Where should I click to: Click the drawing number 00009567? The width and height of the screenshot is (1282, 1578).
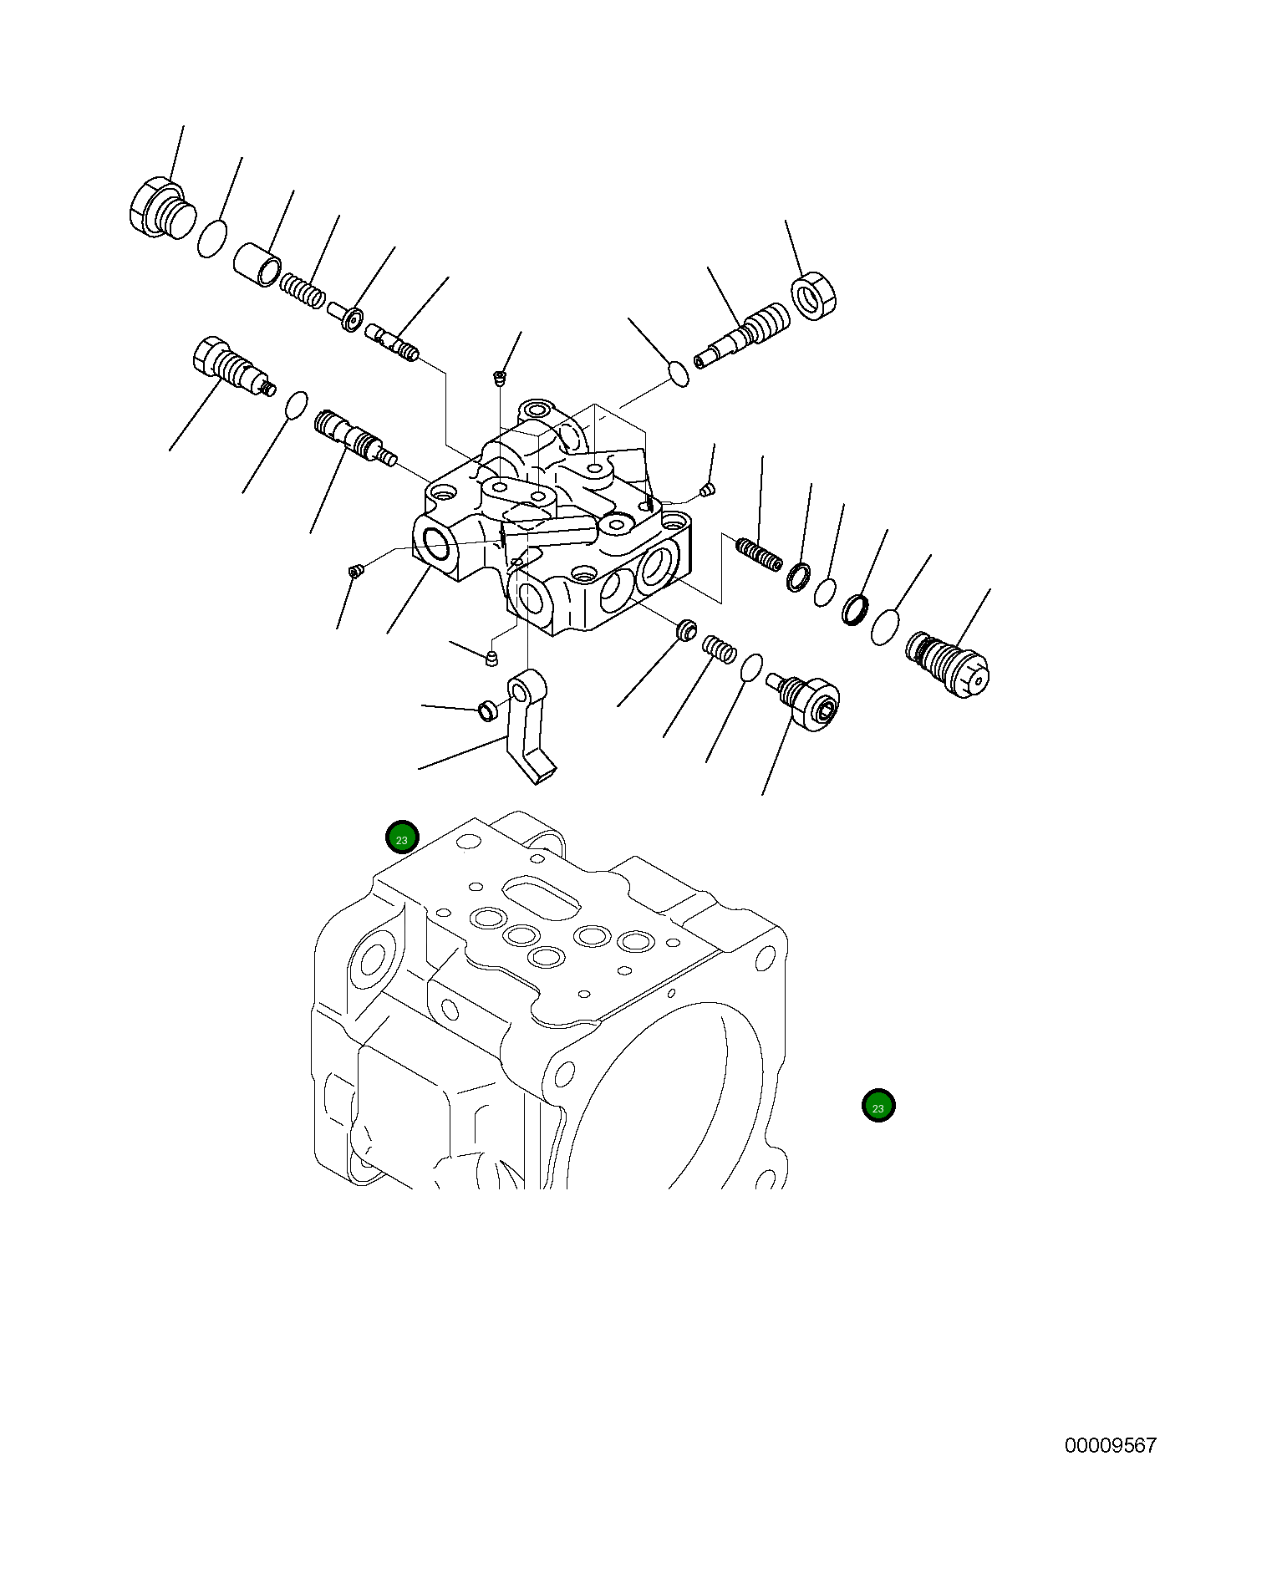pos(1110,1446)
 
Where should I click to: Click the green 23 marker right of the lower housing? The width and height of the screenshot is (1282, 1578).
pos(878,1107)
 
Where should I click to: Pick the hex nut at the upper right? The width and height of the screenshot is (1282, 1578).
pos(813,295)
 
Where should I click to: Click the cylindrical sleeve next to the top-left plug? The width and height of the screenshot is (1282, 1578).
pos(257,263)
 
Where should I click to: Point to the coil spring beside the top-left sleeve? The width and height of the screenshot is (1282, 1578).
pos(302,290)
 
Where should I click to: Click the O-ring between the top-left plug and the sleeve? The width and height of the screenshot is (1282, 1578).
pos(212,238)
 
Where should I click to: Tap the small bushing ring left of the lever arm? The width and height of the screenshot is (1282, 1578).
pos(486,711)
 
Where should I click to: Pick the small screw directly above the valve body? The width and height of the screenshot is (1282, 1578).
pos(500,378)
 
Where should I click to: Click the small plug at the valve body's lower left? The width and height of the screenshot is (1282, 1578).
pos(356,571)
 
